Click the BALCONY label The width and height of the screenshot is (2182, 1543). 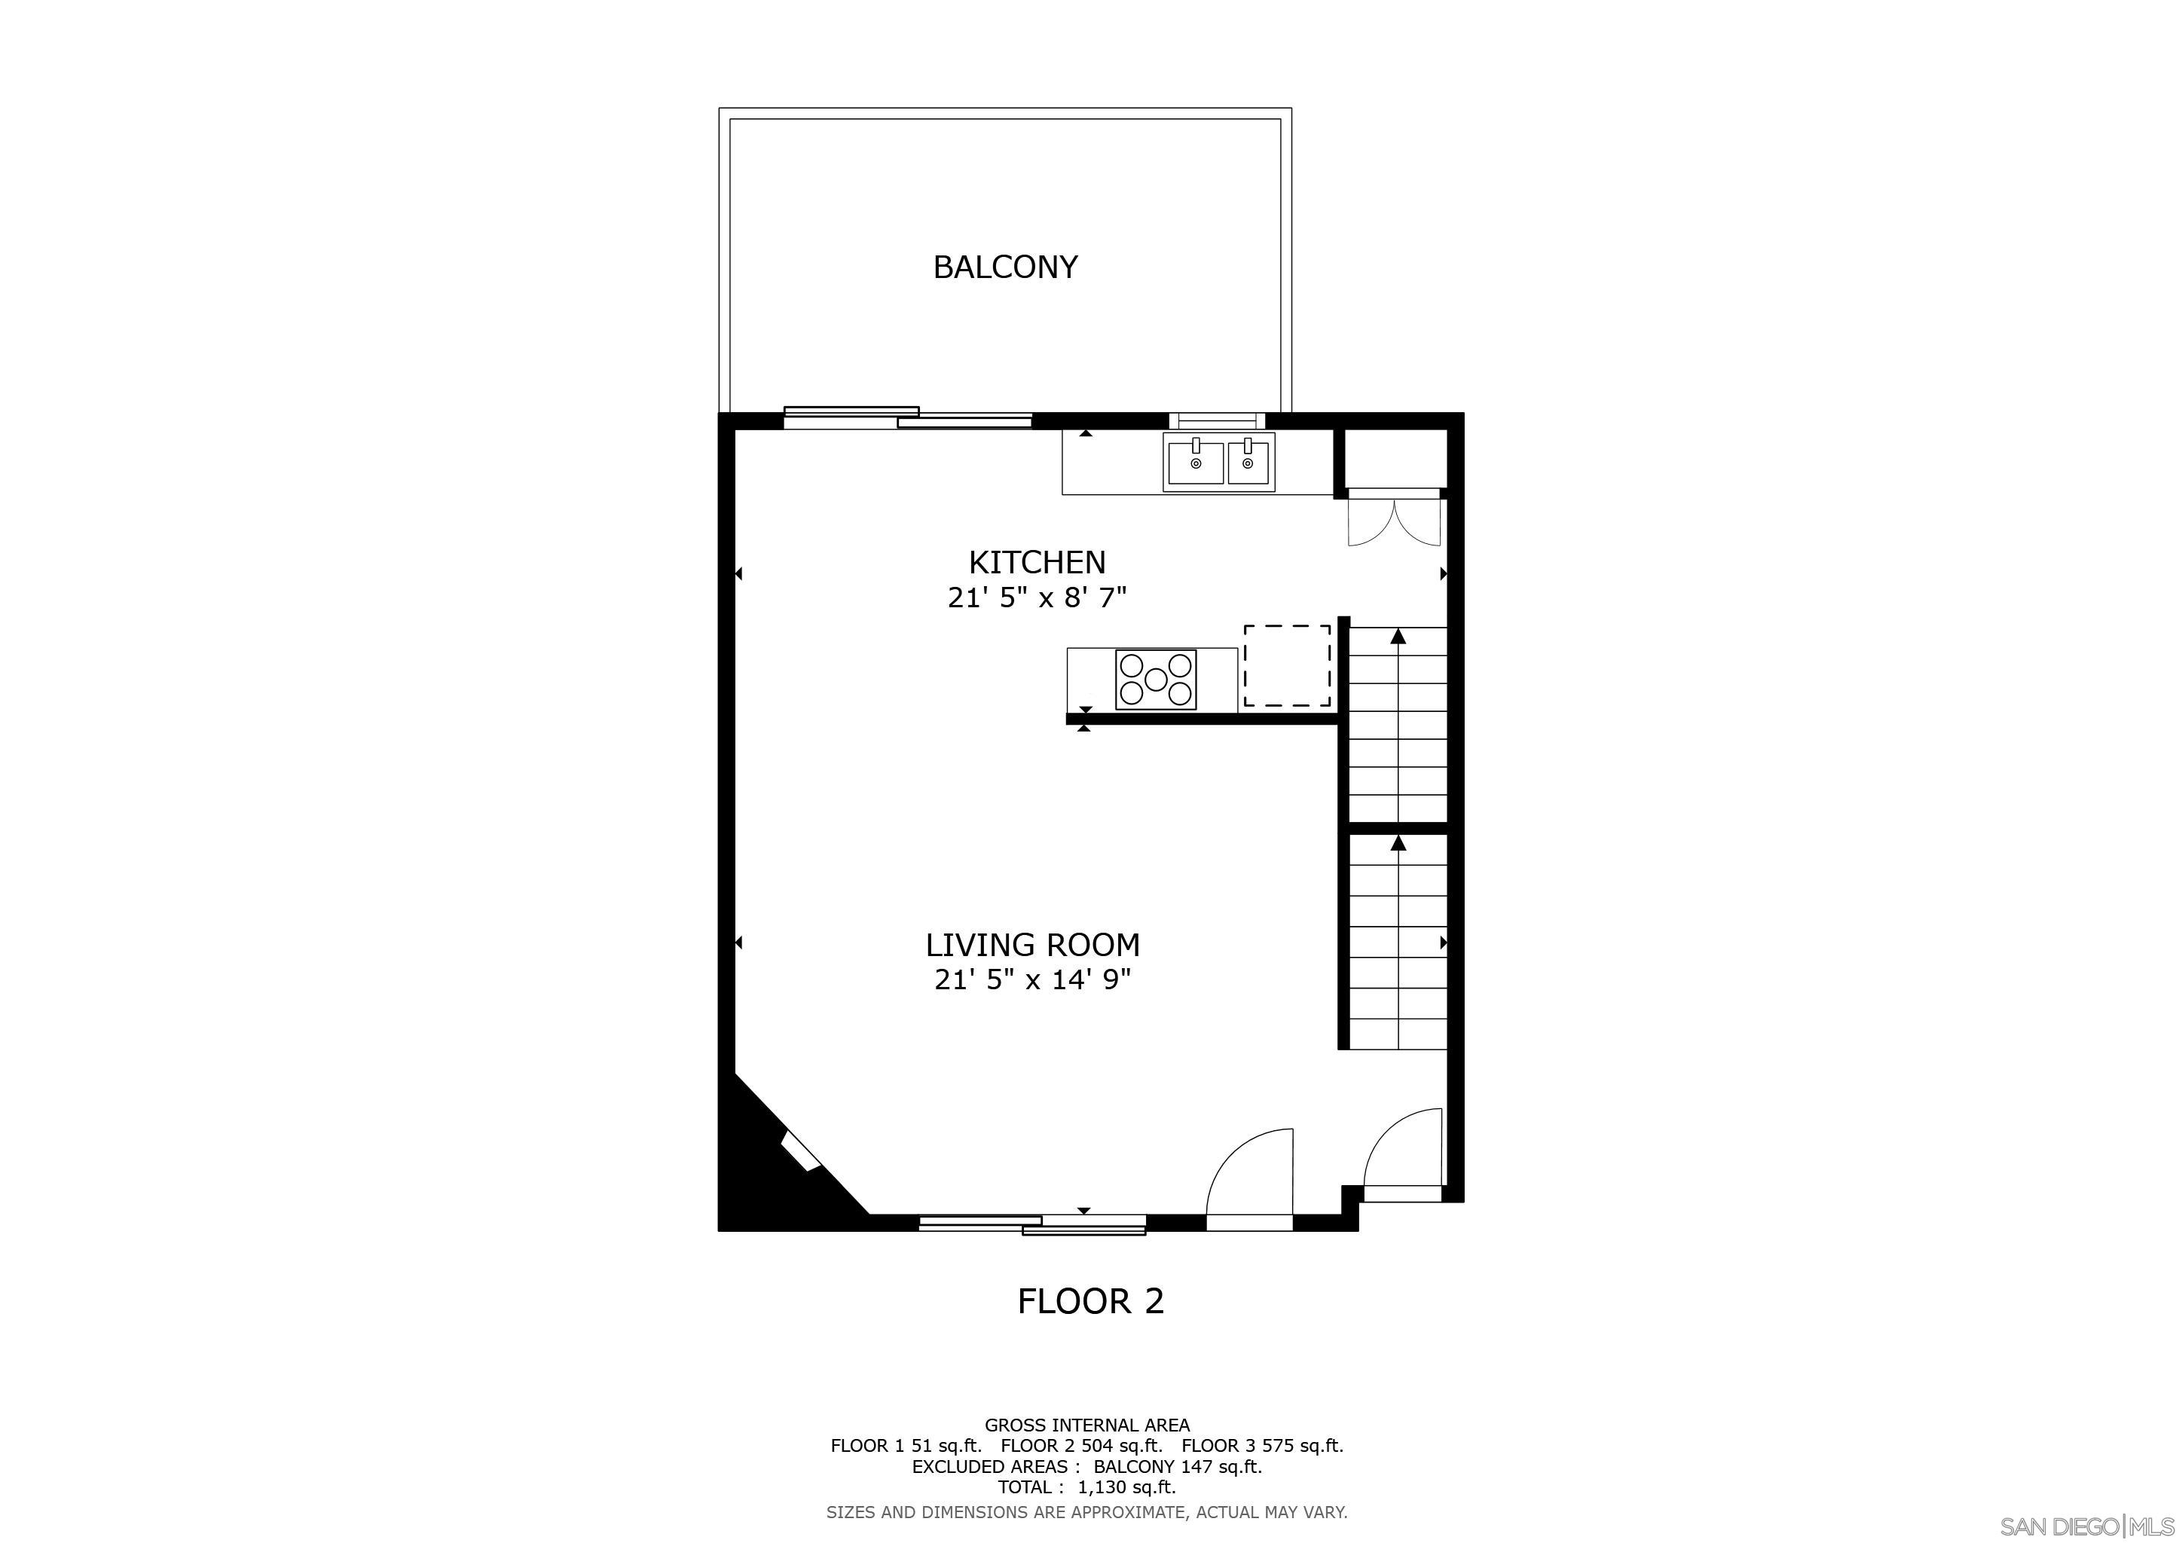tap(1005, 267)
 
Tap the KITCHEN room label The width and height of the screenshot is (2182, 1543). tap(1037, 563)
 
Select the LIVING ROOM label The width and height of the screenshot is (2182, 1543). tap(1033, 945)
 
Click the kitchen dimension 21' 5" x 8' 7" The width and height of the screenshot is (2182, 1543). tap(1037, 597)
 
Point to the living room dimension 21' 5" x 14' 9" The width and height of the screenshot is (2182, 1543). tap(1033, 979)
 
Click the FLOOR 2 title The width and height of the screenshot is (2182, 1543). tap(1090, 1300)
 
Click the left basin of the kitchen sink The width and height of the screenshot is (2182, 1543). tap(1194, 462)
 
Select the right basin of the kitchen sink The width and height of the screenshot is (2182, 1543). tap(1248, 462)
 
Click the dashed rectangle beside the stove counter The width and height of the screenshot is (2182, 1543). tap(1287, 665)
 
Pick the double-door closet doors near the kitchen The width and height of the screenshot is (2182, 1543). tap(1394, 521)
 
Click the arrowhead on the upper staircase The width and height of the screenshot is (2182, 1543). tap(1398, 637)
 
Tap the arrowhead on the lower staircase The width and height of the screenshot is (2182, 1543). tap(1398, 843)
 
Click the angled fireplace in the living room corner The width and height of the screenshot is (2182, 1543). tap(799, 1151)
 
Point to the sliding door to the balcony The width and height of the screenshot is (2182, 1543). tap(908, 417)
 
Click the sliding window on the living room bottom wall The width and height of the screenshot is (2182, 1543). tap(1032, 1225)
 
